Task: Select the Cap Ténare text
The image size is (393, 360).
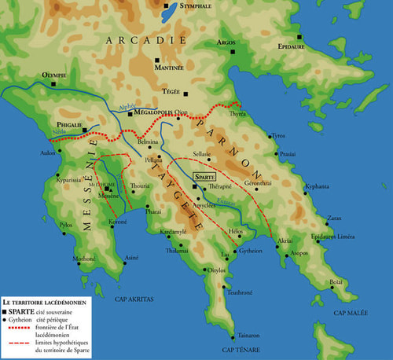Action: click(238, 348)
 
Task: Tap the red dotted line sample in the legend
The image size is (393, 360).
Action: click(13, 332)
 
